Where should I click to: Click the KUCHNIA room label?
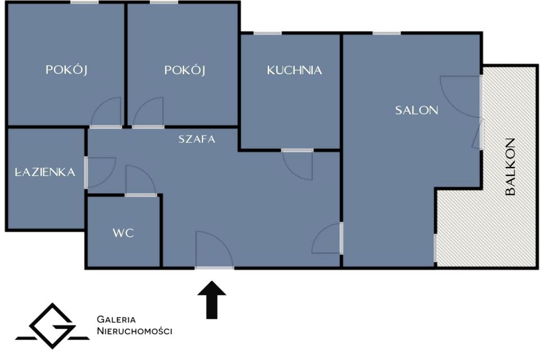tap(294, 70)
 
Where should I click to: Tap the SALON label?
tap(416, 110)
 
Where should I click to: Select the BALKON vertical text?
tap(510, 166)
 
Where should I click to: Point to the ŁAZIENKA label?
tap(45, 173)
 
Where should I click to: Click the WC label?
tap(123, 233)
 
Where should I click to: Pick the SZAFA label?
tap(197, 139)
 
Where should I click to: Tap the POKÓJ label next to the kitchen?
tap(184, 70)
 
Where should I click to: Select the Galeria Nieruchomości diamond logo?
tap(52, 325)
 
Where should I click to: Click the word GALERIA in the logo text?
tap(116, 319)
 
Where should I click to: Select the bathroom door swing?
tap(99, 172)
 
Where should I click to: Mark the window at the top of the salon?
tap(386, 33)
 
